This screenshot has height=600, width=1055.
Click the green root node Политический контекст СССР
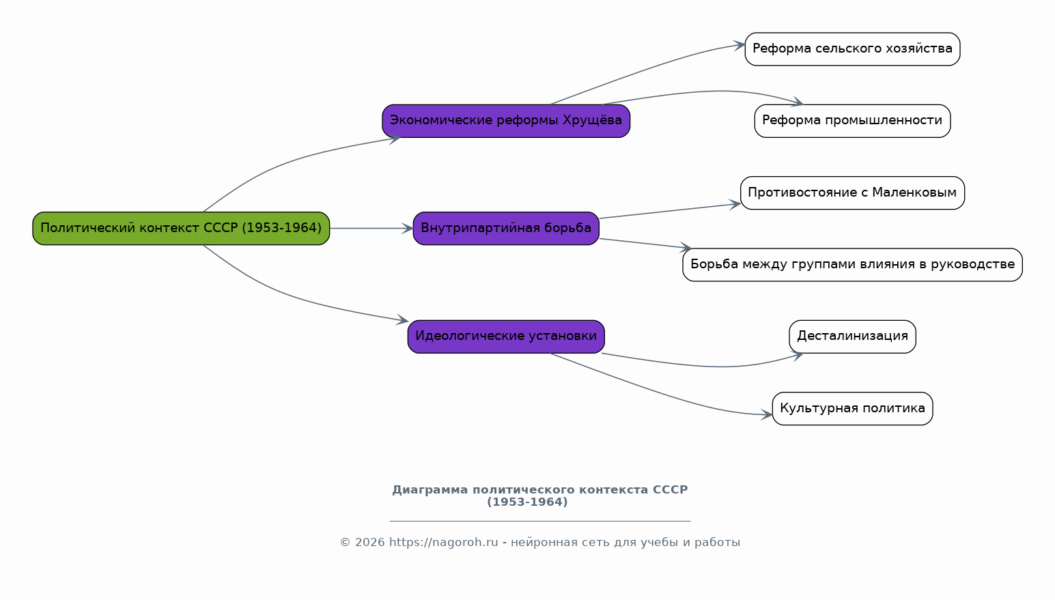point(181,229)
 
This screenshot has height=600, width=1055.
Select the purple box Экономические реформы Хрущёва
point(506,121)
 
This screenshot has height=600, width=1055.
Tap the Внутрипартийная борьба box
point(506,229)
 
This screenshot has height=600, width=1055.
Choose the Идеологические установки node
point(506,337)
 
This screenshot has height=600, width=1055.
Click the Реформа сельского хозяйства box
point(852,49)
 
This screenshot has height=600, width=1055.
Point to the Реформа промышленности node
point(852,121)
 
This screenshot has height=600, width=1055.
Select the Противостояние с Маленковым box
point(852,193)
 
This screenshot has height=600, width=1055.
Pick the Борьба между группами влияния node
point(852,265)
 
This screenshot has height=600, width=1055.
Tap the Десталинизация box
point(852,337)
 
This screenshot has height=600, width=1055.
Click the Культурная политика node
point(852,409)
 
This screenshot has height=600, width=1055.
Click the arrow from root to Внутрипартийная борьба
point(371,229)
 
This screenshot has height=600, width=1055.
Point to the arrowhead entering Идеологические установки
point(402,319)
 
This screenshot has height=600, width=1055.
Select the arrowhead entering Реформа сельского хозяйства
point(739,46)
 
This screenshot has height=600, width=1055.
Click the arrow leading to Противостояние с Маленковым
point(670,211)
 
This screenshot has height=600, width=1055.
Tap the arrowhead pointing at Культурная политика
point(766,415)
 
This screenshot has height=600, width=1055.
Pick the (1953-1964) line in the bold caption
point(527,502)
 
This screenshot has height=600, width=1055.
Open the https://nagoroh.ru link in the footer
point(444,543)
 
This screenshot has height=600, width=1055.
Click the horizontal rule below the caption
point(540,521)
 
